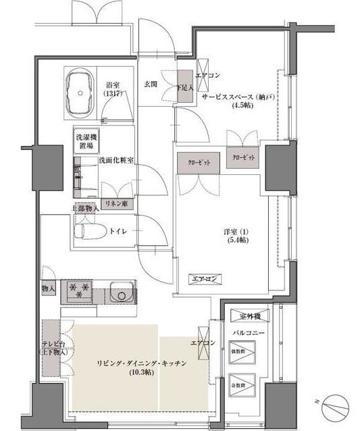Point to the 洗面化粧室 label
pyautogui.click(x=115, y=160)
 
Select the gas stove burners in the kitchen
pyautogui.click(x=79, y=292)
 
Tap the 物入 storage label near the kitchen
pyautogui.click(x=48, y=288)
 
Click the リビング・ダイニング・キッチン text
pyautogui.click(x=140, y=363)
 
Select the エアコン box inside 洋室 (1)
pyautogui.click(x=204, y=278)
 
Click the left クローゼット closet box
pyautogui.click(x=198, y=163)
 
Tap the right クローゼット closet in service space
pyautogui.click(x=244, y=157)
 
